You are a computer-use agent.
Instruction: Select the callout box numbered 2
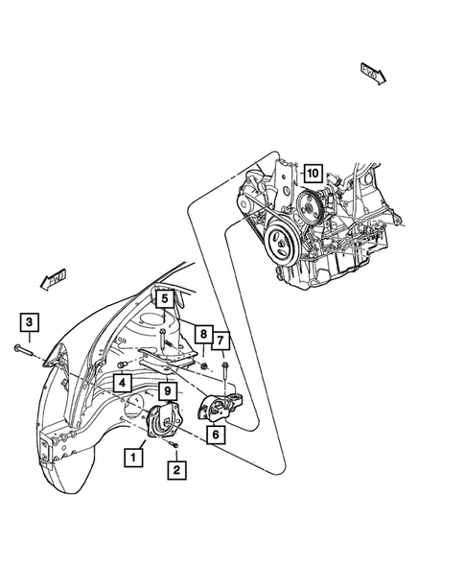[x=175, y=470]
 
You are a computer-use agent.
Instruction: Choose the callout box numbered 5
[x=164, y=299]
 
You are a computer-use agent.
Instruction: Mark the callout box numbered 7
[x=221, y=340]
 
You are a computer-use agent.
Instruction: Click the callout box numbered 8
[x=203, y=334]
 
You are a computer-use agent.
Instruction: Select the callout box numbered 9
[x=167, y=390]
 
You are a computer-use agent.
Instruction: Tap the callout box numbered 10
[x=312, y=174]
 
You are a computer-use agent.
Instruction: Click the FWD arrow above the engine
[x=372, y=72]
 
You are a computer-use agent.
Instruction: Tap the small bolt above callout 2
[x=173, y=445]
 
